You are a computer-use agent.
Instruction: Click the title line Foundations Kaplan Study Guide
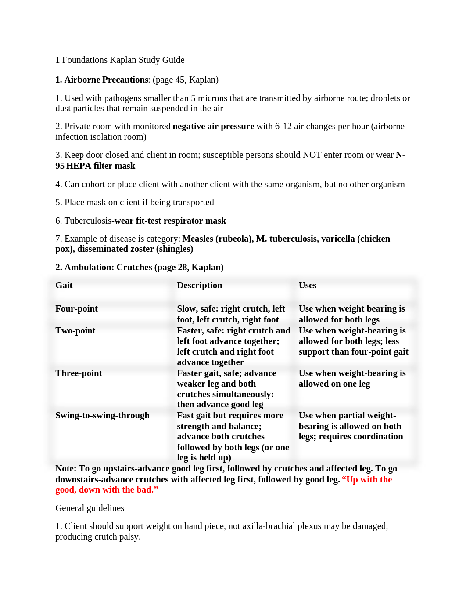pyautogui.click(x=123, y=60)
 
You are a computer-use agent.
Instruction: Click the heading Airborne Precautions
pyautogui.click(x=106, y=80)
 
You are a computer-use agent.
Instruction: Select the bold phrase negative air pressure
pyautogui.click(x=213, y=126)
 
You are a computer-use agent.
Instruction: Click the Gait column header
pyautogui.click(x=64, y=285)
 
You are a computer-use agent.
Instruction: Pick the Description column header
pyautogui.click(x=199, y=285)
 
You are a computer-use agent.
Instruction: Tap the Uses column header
pyautogui.click(x=307, y=285)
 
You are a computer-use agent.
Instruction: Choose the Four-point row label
pyautogui.click(x=76, y=308)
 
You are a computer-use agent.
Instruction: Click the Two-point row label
pyautogui.click(x=75, y=330)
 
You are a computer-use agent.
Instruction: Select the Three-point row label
pyautogui.click(x=79, y=373)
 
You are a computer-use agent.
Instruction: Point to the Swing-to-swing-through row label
pyautogui.click(x=102, y=415)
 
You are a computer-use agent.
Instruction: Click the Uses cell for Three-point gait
pyautogui.click(x=352, y=378)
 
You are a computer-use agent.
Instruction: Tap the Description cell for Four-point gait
pyautogui.click(x=231, y=314)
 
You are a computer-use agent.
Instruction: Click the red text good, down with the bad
pyautogui.click(x=106, y=489)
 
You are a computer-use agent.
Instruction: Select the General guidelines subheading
pyautogui.click(x=90, y=508)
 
